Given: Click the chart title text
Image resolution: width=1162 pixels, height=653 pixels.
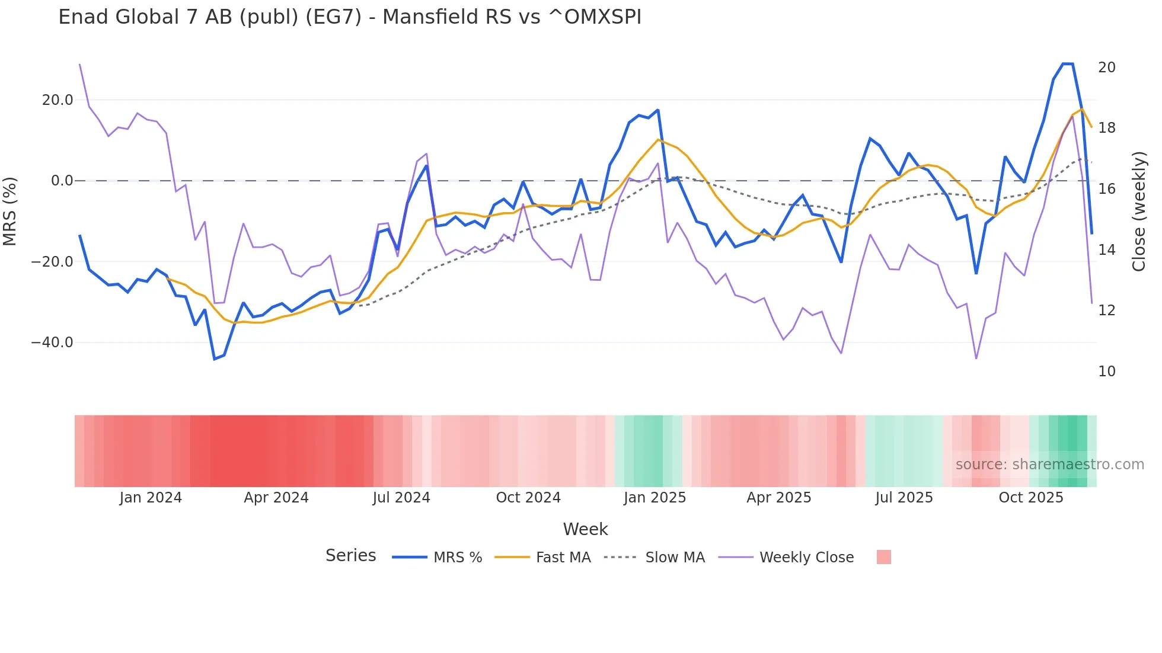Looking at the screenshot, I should tap(350, 17).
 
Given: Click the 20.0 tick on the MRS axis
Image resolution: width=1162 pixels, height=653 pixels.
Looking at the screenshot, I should tap(58, 100).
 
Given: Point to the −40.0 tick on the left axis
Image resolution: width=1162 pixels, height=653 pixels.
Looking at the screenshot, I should tap(52, 342).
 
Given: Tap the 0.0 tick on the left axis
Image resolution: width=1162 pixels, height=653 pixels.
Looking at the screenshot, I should tap(62, 181).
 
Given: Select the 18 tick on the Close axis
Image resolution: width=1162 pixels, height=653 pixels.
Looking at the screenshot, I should tap(1106, 128).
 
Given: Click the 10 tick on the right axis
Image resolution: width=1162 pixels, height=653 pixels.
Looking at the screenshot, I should tap(1106, 372).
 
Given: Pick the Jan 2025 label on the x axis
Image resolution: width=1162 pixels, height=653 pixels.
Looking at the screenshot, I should tap(655, 498).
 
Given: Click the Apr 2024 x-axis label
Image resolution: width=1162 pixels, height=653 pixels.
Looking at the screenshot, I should tap(276, 498).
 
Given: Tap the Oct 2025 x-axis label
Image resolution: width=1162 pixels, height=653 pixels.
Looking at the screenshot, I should tap(1031, 498).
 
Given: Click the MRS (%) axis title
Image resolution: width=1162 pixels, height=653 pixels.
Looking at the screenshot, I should tap(10, 212).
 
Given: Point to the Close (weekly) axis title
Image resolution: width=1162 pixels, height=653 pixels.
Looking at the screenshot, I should tap(1139, 212).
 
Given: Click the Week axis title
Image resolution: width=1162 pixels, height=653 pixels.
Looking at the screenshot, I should tap(585, 529).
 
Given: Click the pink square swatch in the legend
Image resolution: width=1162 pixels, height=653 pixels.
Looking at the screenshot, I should tap(883, 557).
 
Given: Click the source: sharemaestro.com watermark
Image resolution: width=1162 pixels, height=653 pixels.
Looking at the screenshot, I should tap(1049, 465).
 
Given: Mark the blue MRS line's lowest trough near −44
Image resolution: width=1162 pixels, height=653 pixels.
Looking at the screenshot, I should tap(215, 359).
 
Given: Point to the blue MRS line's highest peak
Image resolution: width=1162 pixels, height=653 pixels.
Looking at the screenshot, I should tap(1068, 64).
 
